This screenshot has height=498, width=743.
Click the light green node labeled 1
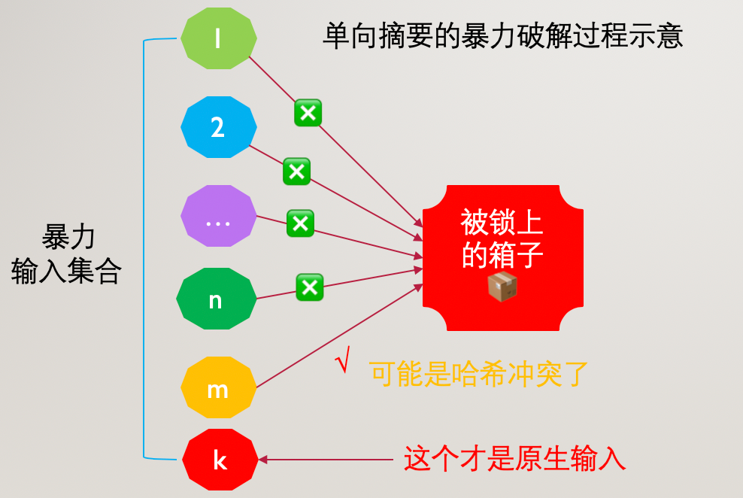coord(218,38)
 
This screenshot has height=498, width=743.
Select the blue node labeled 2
coord(218,127)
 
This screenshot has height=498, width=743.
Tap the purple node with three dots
coord(218,216)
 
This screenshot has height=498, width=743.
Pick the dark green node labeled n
coord(216,299)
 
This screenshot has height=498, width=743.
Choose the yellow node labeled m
coord(218,387)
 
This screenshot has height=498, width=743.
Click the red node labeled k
coord(220,460)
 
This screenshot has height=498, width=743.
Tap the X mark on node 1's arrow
coord(308,113)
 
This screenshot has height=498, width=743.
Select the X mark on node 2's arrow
coord(296,172)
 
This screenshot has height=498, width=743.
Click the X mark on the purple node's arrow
coord(300,223)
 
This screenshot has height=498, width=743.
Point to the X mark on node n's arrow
coord(310,287)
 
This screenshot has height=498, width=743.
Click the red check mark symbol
coord(343,360)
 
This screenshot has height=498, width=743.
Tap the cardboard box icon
coord(502,287)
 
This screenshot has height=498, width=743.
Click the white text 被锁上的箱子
coord(502,238)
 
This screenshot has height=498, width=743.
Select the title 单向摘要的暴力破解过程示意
coord(503,36)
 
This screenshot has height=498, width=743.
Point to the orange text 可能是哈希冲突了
coord(478,374)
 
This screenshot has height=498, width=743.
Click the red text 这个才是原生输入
coord(514,458)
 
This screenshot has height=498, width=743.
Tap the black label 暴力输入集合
coord(66,254)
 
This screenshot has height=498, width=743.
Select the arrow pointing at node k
coord(326,460)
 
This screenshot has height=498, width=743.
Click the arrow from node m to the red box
coord(339,336)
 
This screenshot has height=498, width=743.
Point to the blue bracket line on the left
coord(144,249)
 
